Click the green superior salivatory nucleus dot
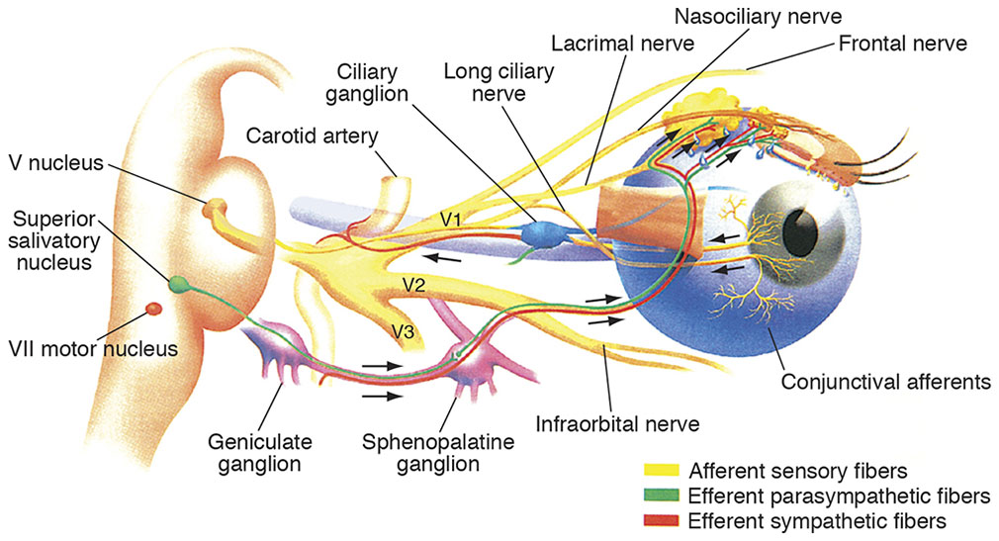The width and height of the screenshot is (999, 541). [178, 285]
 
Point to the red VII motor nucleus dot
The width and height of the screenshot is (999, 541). [153, 310]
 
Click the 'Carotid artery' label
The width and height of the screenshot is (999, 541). [302, 135]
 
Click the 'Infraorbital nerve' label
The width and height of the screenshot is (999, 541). [617, 425]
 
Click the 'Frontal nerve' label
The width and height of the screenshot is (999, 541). [903, 44]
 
